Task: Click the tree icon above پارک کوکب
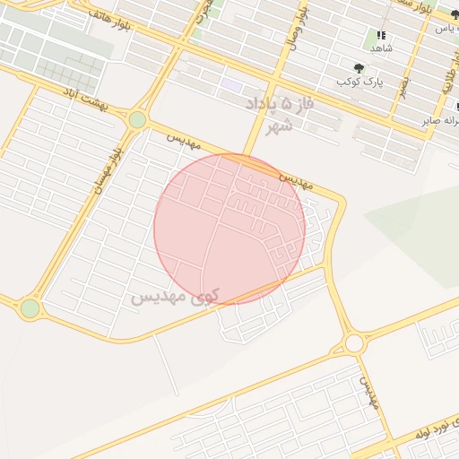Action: click(359, 67)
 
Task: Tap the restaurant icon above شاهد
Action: click(380, 36)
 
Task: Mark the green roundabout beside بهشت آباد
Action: click(137, 119)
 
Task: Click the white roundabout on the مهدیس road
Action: click(354, 343)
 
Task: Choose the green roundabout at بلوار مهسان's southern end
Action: click(30, 308)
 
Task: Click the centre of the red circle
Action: click(229, 229)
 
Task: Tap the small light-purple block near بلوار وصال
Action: click(232, 84)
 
